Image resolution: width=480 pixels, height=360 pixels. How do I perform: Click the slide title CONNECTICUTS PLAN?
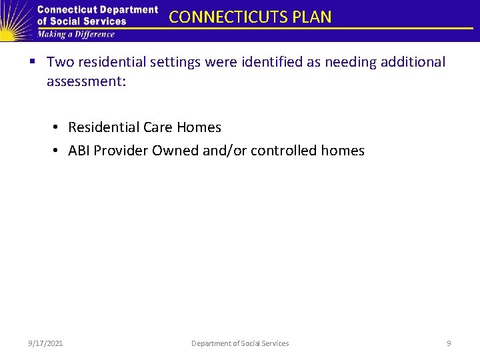pos(250,17)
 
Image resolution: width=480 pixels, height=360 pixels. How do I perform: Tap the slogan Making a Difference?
pos(76,35)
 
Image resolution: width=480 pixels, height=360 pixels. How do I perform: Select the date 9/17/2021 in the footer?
pos(46,343)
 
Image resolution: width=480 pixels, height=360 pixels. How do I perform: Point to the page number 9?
pos(449,343)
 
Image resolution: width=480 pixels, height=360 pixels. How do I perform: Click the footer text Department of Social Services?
pos(240,343)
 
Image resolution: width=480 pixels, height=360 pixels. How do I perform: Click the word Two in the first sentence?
pos(60,62)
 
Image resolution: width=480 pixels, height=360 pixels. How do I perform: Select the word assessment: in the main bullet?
pos(84,81)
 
